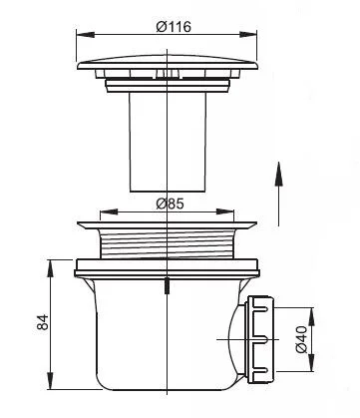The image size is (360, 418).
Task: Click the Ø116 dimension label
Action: [174, 27]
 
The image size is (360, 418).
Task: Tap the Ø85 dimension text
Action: [170, 204]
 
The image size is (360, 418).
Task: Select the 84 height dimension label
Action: [43, 322]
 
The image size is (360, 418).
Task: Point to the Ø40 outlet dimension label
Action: [301, 339]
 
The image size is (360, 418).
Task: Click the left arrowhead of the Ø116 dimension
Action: [86, 34]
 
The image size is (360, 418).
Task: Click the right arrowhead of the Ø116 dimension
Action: [248, 34]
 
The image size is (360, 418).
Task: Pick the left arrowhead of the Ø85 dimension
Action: [109, 211]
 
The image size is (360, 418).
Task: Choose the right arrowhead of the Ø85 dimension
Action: [225, 211]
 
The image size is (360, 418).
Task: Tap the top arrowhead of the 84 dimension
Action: [50, 268]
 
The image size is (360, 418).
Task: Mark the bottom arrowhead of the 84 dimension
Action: [50, 380]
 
